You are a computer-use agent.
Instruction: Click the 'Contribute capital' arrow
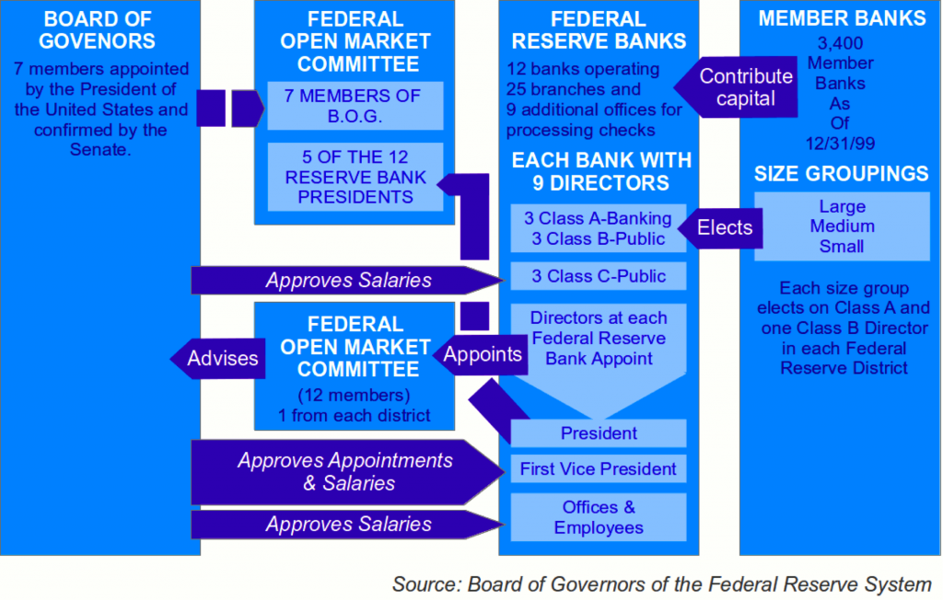pyautogui.click(x=736, y=87)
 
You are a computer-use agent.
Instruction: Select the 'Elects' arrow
pyautogui.click(x=720, y=228)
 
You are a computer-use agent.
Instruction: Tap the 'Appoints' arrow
pyautogui.click(x=480, y=354)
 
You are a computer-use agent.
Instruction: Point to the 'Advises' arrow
pyautogui.click(x=217, y=358)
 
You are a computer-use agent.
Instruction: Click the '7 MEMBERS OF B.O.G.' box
pyautogui.click(x=355, y=106)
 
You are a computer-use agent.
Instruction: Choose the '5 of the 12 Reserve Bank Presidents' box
pyautogui.click(x=355, y=177)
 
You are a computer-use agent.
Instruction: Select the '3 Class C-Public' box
pyautogui.click(x=599, y=276)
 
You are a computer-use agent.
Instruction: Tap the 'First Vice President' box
pyautogui.click(x=599, y=469)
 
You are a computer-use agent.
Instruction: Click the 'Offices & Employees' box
pyautogui.click(x=599, y=517)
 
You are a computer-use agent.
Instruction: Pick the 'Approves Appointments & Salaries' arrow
pyautogui.click(x=347, y=472)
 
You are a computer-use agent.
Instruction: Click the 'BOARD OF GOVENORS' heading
pyautogui.click(x=98, y=30)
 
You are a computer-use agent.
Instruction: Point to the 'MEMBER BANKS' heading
pyautogui.click(x=842, y=18)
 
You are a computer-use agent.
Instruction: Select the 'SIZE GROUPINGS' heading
pyautogui.click(x=842, y=174)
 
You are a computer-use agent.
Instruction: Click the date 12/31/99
pyautogui.click(x=840, y=144)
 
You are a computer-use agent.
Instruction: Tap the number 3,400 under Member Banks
pyautogui.click(x=840, y=43)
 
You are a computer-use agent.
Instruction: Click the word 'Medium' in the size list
pyautogui.click(x=842, y=226)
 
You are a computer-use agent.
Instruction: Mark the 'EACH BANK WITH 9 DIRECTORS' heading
pyautogui.click(x=601, y=171)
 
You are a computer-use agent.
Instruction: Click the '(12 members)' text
pyautogui.click(x=355, y=396)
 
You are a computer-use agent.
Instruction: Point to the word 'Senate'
pyautogui.click(x=99, y=150)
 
